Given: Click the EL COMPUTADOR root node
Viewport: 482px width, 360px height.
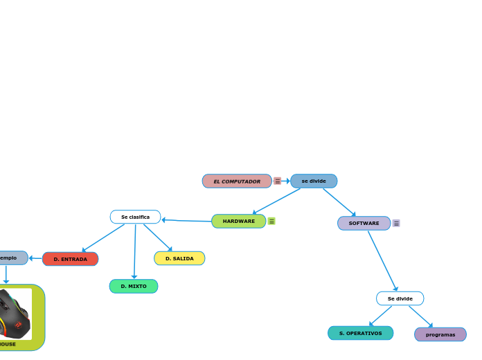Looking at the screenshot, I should point(237,181).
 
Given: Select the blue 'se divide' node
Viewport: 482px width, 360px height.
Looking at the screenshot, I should point(314,181).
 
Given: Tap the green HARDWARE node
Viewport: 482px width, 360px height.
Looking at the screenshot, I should point(238,222).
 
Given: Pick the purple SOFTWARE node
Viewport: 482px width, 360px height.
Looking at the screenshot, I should point(364,223).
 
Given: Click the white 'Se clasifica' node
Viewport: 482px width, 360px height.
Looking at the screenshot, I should point(135,217).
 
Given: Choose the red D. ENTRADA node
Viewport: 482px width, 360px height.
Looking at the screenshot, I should point(70,259).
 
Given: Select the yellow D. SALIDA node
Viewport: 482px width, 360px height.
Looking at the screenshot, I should point(179,258).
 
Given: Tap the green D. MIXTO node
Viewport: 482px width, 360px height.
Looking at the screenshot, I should point(134,286).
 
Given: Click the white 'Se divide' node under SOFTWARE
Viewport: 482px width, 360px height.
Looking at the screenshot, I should point(400,298).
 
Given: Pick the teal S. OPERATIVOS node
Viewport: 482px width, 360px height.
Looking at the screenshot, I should point(360,333).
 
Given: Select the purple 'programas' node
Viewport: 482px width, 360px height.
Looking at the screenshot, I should point(440,334).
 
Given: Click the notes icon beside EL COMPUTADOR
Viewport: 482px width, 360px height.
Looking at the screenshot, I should point(277,181).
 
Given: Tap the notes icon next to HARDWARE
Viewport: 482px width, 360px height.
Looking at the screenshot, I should point(271,222).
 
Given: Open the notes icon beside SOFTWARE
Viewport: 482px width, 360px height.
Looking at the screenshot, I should point(396,223).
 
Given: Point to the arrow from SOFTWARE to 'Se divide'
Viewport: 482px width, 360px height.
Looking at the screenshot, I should point(382,260).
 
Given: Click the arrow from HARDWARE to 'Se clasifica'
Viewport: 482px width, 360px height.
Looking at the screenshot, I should point(187,221).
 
